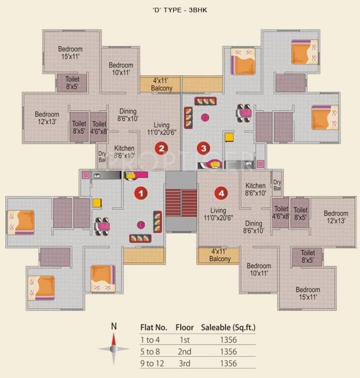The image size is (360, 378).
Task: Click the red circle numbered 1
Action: [x=141, y=193]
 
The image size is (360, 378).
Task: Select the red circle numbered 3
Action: [x=203, y=147]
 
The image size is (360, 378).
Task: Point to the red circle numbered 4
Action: [x=222, y=193]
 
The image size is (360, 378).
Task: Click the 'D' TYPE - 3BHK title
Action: [x=180, y=9]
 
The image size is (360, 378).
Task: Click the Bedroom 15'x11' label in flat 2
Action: [x=70, y=53]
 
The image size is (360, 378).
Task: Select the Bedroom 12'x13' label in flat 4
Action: [x=336, y=217]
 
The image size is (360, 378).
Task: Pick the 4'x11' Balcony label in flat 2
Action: [x=162, y=85]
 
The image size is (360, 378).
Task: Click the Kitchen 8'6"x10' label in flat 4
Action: [x=256, y=189]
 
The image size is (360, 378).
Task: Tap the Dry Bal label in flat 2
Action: [x=102, y=157]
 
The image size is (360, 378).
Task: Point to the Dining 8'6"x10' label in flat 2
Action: [x=128, y=115]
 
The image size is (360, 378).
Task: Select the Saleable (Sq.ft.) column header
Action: [x=228, y=327]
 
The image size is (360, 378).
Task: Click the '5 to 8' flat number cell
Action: [x=151, y=352]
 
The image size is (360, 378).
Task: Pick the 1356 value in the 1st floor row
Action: [x=229, y=340]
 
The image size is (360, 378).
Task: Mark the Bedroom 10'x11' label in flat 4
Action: [x=259, y=269]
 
